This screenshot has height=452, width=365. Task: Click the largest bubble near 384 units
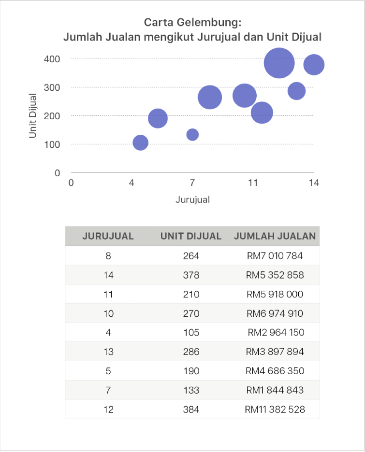(279, 63)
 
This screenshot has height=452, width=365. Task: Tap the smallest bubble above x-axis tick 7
(192, 134)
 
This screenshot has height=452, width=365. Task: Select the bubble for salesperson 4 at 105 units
(140, 142)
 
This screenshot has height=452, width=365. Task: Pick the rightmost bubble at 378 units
(314, 65)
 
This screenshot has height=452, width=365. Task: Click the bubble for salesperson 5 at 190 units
(158, 118)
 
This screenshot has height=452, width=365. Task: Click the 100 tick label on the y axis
(53, 144)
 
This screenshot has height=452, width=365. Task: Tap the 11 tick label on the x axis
(253, 183)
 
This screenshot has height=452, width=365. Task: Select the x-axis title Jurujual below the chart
(192, 199)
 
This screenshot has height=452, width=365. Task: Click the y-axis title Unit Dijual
(33, 115)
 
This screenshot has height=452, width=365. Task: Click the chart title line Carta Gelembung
(192, 23)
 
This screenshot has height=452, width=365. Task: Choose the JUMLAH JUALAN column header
(275, 236)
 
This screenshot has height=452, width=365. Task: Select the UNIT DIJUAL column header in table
(191, 236)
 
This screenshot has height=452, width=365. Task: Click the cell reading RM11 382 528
(275, 410)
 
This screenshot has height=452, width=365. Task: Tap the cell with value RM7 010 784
(275, 255)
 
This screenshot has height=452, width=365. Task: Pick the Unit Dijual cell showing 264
(191, 255)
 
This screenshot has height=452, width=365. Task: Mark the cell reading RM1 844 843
(275, 390)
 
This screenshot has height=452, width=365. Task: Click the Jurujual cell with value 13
(108, 352)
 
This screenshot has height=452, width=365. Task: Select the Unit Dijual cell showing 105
(191, 332)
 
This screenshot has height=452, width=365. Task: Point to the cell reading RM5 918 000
(275, 294)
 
